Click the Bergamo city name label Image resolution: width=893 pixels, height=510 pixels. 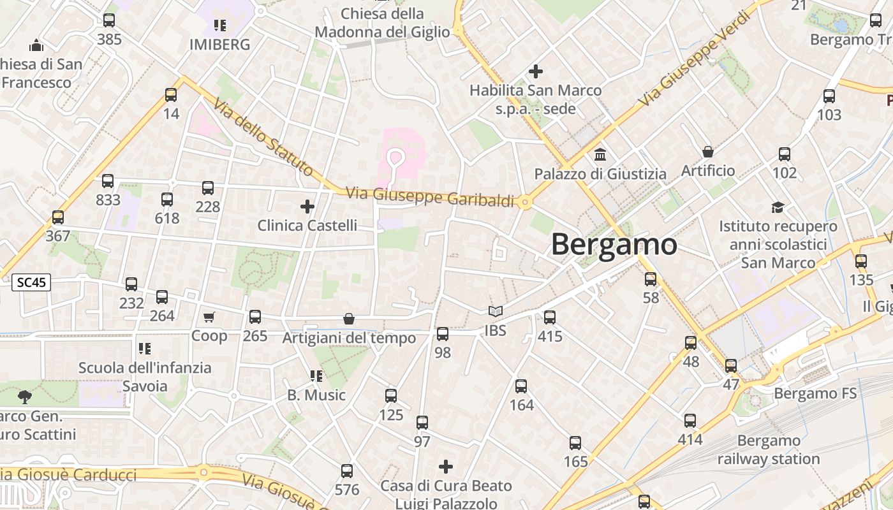(614, 244)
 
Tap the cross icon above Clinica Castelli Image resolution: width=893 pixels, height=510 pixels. (307, 207)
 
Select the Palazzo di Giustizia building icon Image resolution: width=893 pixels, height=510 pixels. (600, 155)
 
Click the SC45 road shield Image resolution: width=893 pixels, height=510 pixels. (31, 282)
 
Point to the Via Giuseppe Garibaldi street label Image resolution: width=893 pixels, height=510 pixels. (429, 196)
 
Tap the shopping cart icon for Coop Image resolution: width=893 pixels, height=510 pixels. (209, 317)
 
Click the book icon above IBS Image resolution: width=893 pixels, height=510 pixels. (496, 312)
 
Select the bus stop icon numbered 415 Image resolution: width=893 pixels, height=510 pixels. (550, 317)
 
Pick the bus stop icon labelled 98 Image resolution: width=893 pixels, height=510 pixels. (442, 333)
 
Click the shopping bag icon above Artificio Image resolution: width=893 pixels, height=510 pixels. (707, 152)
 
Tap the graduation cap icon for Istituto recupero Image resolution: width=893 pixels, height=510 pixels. (778, 207)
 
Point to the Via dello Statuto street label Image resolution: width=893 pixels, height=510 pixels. (263, 136)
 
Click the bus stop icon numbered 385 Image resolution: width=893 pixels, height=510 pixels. (109, 20)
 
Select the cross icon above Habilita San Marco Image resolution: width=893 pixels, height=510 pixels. (536, 71)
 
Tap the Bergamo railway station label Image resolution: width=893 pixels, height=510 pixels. (769, 449)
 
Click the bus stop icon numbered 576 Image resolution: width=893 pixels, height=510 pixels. (346, 471)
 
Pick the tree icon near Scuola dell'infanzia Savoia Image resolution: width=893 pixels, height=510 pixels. (25, 397)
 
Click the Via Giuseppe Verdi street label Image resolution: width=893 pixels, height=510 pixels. (693, 59)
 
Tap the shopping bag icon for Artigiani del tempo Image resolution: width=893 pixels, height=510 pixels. (349, 319)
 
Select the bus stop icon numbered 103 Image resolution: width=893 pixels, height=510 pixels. (829, 96)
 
